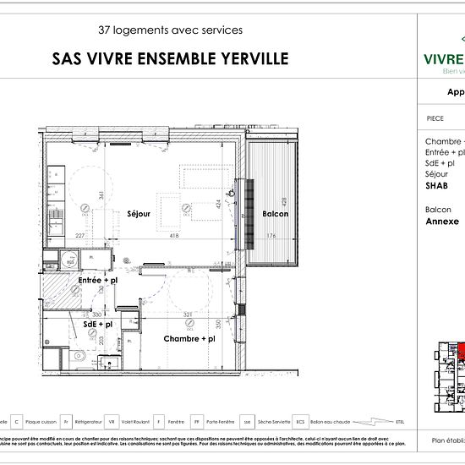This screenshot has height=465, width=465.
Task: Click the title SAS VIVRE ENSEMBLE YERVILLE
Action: (x=170, y=58)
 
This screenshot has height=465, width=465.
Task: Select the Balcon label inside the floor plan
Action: (x=275, y=214)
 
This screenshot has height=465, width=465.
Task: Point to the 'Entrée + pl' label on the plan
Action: (x=97, y=280)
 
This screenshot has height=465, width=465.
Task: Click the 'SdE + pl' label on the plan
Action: (x=98, y=324)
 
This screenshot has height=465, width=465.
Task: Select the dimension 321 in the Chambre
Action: (x=189, y=315)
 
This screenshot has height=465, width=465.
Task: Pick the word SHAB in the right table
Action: (x=436, y=185)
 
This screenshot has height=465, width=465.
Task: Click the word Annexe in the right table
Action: (x=442, y=222)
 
